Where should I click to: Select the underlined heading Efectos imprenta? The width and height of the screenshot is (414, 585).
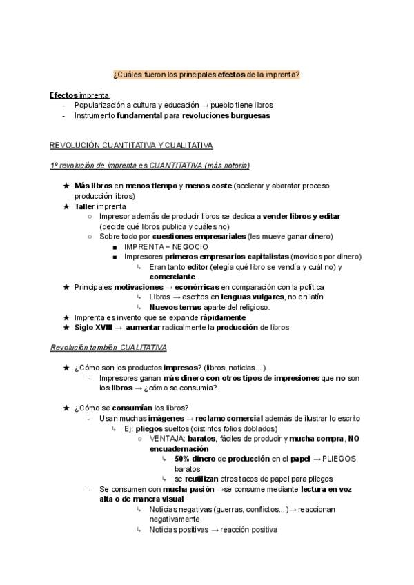pyautogui.click(x=79, y=95)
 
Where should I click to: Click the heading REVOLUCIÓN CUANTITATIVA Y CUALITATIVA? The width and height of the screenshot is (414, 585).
pyautogui.click(x=131, y=145)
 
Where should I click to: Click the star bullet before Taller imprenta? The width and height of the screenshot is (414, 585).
pyautogui.click(x=66, y=206)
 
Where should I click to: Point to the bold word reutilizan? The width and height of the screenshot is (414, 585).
pyautogui.click(x=206, y=478)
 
